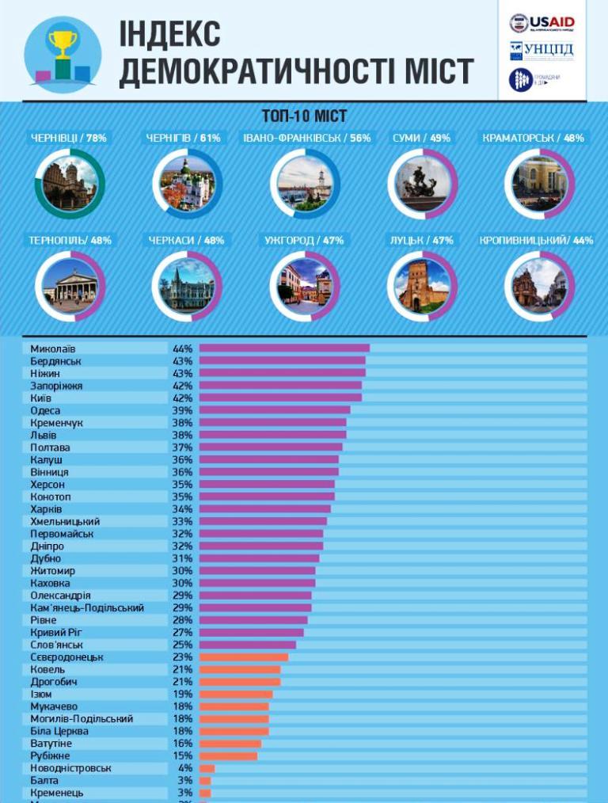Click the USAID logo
[x=542, y=23]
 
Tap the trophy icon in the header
[x=63, y=52]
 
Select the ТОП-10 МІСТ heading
[x=304, y=116]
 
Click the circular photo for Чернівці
[x=69, y=183]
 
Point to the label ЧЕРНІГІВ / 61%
[x=183, y=138]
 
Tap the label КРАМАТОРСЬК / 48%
[x=533, y=138]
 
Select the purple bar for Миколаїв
[x=284, y=348]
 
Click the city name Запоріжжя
[x=56, y=386]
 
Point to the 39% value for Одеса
[x=183, y=410]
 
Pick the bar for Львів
[x=272, y=435]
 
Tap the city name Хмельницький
[x=65, y=521]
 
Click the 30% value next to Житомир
[x=183, y=571]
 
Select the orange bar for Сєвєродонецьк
[x=244, y=657]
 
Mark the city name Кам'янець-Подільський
[x=87, y=607]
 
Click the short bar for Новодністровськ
[x=207, y=768]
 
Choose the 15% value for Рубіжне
[x=183, y=756]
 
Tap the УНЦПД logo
[x=542, y=51]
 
